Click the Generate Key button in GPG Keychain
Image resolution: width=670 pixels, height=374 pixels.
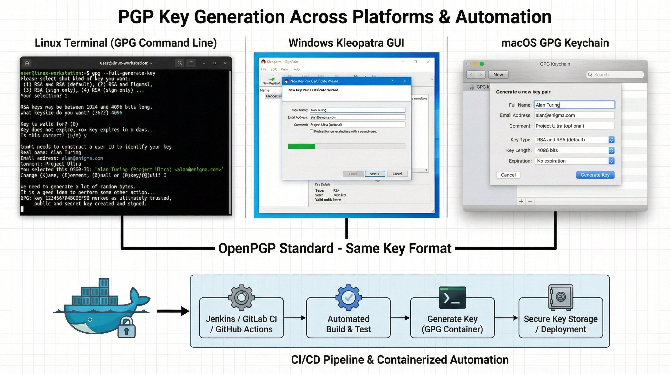coord(595,175)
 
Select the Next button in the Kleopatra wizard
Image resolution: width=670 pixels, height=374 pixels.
coord(374,174)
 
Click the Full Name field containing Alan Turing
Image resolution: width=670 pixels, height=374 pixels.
coord(574,105)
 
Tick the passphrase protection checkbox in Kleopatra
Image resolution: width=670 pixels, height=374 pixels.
coord(311,131)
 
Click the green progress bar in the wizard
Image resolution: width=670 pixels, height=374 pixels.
coord(301,146)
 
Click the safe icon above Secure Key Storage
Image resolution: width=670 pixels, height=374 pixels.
coord(560,297)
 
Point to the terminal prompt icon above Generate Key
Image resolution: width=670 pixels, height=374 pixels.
coord(452,298)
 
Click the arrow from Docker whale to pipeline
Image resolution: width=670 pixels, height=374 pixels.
coord(173,311)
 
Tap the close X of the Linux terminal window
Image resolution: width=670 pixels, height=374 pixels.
coord(225,63)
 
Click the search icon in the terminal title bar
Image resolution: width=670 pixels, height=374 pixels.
coord(179,63)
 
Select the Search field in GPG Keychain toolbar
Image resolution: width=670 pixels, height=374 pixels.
coord(615,75)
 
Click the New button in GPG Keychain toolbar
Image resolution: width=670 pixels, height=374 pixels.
coord(498,75)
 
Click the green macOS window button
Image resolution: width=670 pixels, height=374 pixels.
coord(482,64)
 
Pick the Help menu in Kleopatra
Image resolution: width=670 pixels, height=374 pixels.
coord(296,69)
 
